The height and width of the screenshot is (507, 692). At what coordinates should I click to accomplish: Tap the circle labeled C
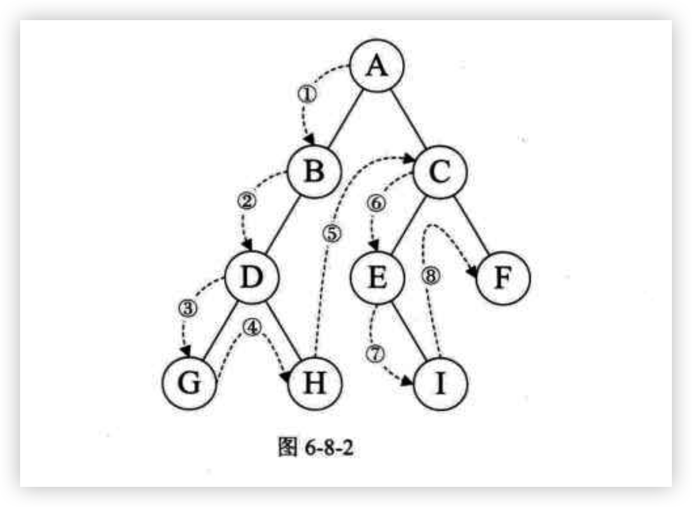tap(440, 172)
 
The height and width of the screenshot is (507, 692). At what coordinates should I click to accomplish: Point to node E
tap(378, 278)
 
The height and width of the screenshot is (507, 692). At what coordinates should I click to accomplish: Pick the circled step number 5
tap(333, 234)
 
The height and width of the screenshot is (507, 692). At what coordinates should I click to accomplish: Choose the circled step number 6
tap(376, 204)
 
